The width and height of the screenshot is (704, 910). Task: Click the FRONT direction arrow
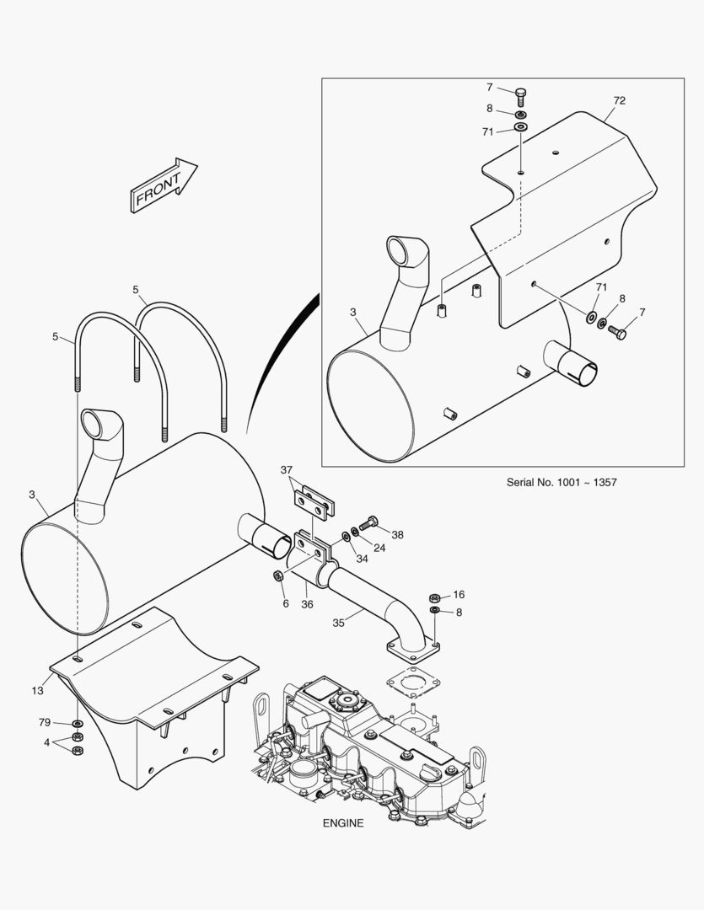tap(164, 185)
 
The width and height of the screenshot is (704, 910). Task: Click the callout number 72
tap(619, 100)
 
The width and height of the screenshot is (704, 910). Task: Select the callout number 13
tap(37, 691)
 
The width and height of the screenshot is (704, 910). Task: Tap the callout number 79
tap(45, 723)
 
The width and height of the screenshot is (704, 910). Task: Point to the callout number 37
tap(287, 470)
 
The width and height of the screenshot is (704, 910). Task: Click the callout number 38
tap(397, 535)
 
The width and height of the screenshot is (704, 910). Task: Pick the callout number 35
tap(339, 623)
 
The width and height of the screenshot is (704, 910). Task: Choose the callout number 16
tap(459, 595)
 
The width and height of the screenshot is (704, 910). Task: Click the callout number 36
tap(307, 605)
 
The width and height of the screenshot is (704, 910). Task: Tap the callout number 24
tap(379, 548)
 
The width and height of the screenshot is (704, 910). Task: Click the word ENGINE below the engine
tap(343, 823)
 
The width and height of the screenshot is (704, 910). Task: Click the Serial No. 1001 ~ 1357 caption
tap(562, 482)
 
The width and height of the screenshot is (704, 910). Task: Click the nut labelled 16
tap(434, 597)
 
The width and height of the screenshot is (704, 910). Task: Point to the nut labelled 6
tap(277, 575)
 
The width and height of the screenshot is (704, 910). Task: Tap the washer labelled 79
tap(77, 725)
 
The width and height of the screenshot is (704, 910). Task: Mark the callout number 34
tap(362, 559)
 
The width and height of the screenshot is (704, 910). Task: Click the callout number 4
tap(47, 743)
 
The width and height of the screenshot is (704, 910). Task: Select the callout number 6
tap(286, 604)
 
